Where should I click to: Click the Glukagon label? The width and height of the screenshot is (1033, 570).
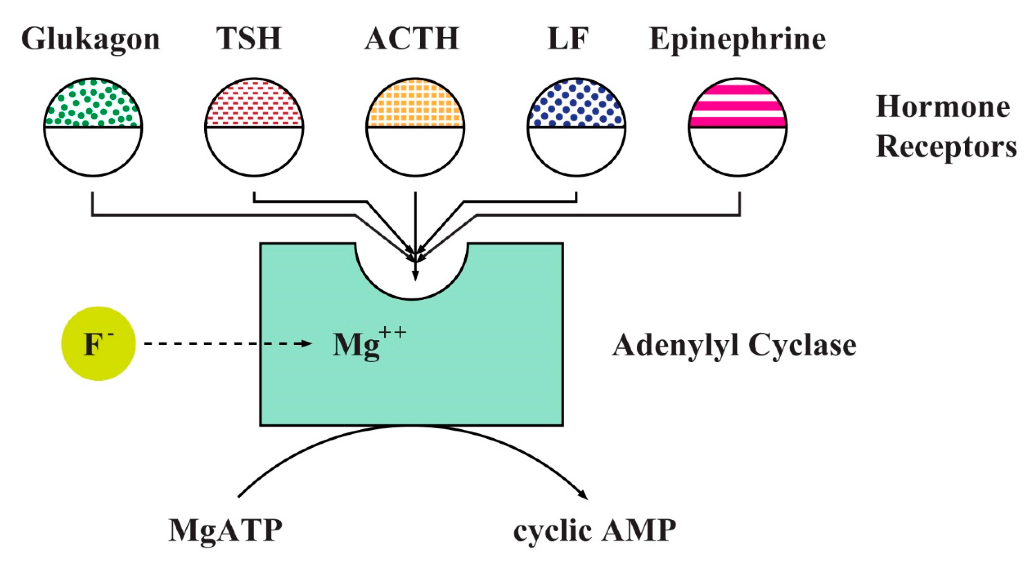point(91,40)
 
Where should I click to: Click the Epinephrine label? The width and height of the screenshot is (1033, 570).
point(737,40)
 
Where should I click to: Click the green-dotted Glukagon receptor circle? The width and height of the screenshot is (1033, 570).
point(93,127)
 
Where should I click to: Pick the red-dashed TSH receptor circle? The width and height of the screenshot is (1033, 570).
point(254,127)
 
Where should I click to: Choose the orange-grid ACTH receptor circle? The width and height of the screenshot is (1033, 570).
point(415,127)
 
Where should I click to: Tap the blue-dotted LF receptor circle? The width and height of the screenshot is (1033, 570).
point(577,127)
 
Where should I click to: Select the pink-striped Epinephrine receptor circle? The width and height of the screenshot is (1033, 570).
point(738,127)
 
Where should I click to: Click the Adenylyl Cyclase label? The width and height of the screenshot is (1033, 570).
point(734,345)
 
